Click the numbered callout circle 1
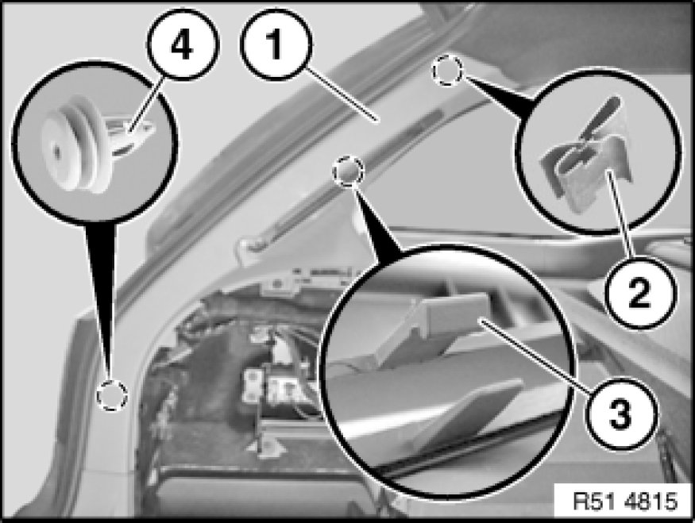click(276, 44)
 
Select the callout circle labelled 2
click(639, 292)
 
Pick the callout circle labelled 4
click(183, 44)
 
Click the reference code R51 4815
click(625, 502)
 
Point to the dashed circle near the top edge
click(448, 71)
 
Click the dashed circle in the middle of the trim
click(349, 171)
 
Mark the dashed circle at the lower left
click(112, 394)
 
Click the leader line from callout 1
click(341, 93)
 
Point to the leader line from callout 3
click(536, 356)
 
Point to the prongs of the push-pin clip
click(133, 133)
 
